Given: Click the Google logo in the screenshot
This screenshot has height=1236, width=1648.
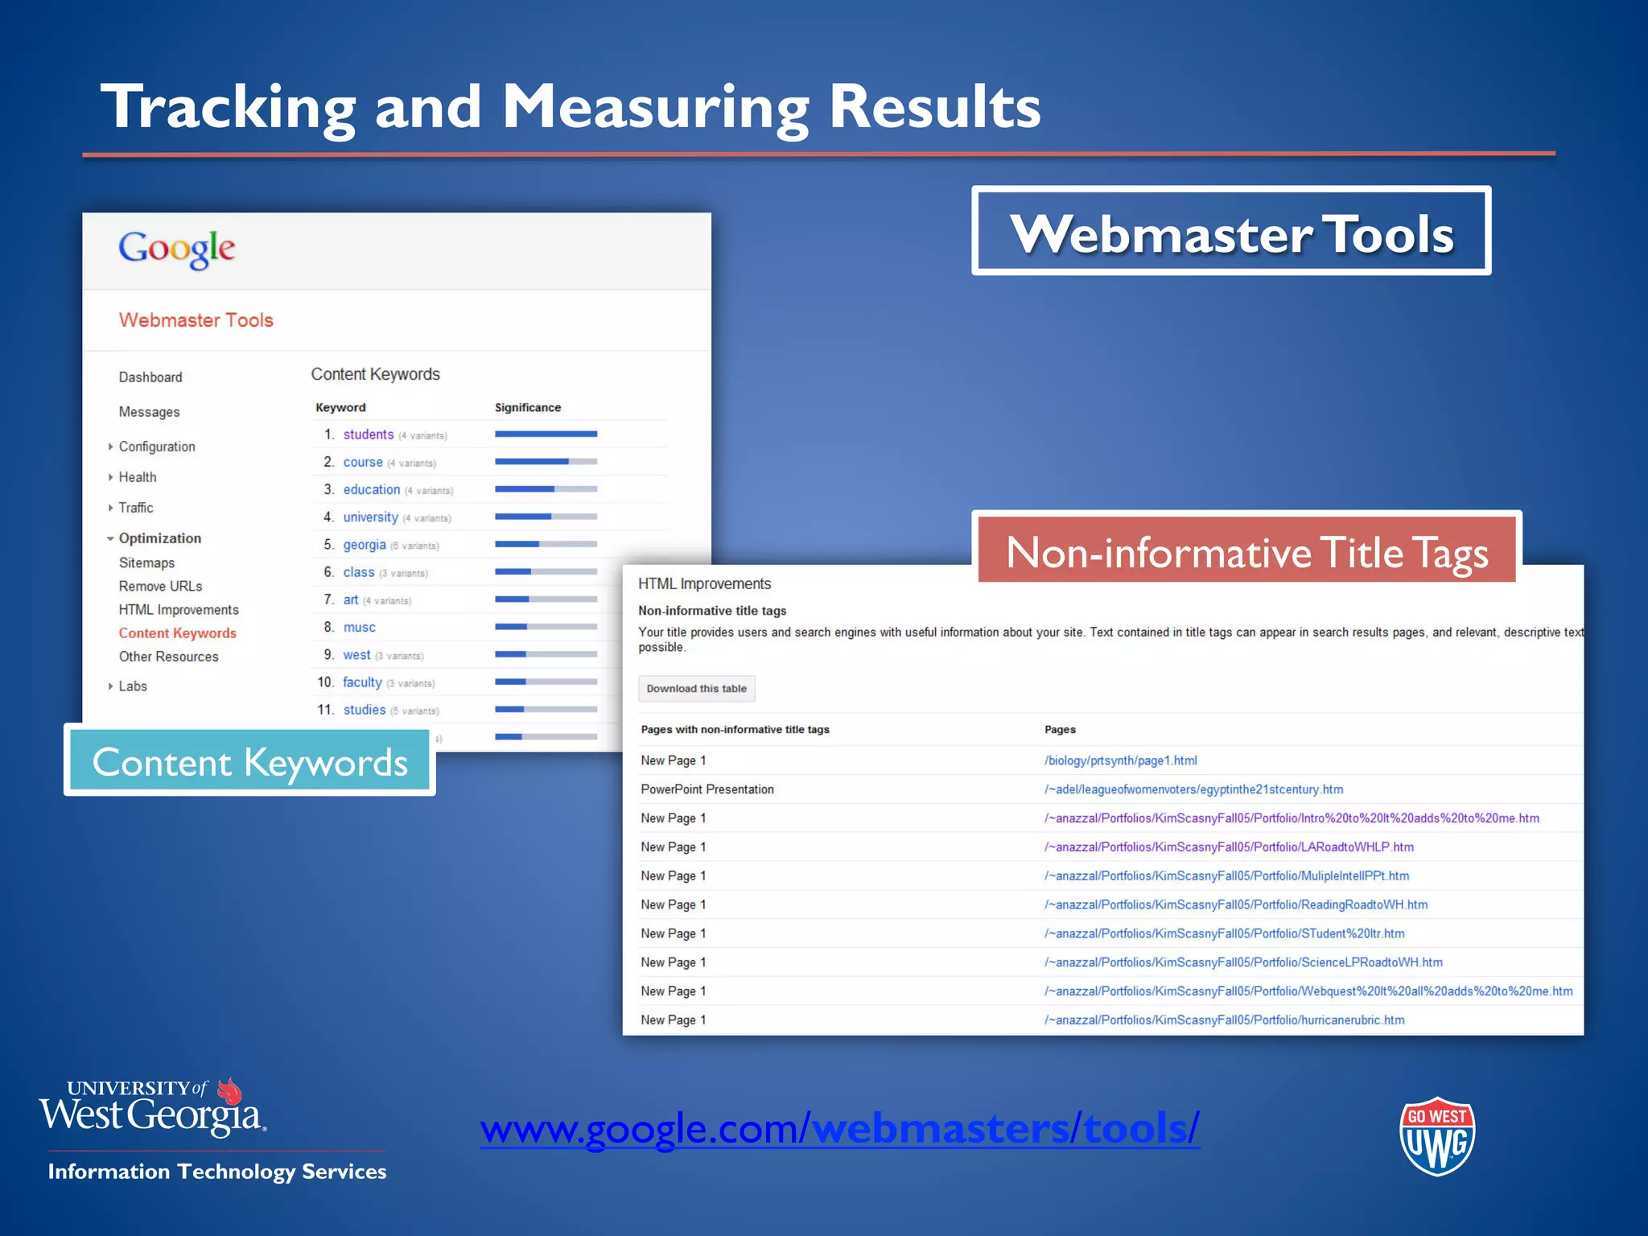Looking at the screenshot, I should pos(177,249).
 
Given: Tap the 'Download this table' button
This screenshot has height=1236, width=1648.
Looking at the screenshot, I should pos(696,689).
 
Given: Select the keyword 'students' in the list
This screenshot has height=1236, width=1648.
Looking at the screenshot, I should pos(369,435).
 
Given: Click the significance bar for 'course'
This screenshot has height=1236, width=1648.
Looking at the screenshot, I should pos(546,462).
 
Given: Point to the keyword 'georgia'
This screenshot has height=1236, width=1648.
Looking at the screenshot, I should pos(365,545).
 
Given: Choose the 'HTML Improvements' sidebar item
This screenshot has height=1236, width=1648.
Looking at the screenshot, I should pos(179,610).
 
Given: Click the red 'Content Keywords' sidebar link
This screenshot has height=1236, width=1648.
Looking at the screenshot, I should pos(178,633).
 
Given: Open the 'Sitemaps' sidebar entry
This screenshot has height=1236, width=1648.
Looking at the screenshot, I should pos(146,563).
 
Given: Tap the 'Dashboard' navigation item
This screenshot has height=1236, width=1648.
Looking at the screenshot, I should pos(150,377).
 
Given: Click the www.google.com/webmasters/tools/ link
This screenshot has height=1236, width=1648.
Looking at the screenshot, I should pos(839,1128).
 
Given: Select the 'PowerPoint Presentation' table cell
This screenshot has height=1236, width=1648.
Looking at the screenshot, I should pos(707,789).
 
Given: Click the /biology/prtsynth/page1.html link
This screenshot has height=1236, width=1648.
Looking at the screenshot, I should pos(1120,760).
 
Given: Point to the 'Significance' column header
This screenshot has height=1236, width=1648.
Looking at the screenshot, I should pos(528,408).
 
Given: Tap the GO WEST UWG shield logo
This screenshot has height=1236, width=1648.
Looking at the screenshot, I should pos(1437,1136).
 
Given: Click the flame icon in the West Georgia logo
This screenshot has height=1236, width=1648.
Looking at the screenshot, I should pos(230,1091).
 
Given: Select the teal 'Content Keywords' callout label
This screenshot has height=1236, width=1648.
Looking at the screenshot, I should pos(249,761).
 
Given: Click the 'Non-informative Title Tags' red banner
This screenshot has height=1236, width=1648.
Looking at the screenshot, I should pos(1246,553).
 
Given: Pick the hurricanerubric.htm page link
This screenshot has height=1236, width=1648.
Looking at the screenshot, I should pos(1224,1020).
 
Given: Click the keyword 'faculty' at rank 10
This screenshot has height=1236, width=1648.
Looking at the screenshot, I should pos(362,682).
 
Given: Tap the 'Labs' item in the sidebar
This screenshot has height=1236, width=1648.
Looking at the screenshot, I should pos(133,686).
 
